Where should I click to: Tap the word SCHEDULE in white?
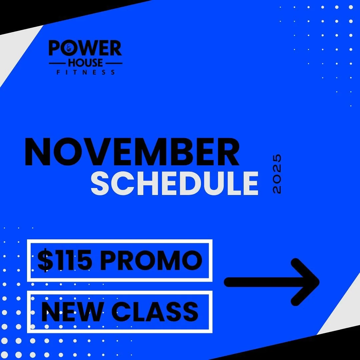coord(175,184)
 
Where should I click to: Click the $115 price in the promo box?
coord(65,260)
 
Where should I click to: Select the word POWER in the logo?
coord(85,49)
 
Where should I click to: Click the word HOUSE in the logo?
coord(85,63)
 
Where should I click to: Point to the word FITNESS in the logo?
coord(86,72)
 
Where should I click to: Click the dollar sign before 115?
coord(43,260)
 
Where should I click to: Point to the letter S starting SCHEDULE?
coord(101,184)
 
